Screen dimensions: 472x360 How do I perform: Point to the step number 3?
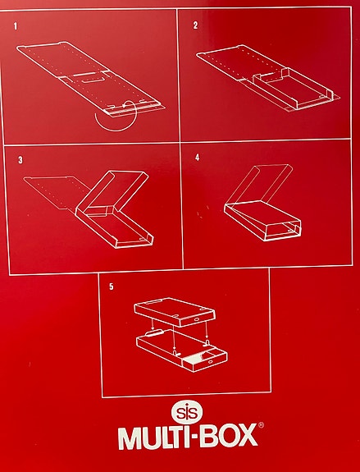17,158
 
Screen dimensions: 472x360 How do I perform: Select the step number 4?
197,156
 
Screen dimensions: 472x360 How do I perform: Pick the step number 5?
112,286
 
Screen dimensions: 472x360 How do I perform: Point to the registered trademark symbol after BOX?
262,426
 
